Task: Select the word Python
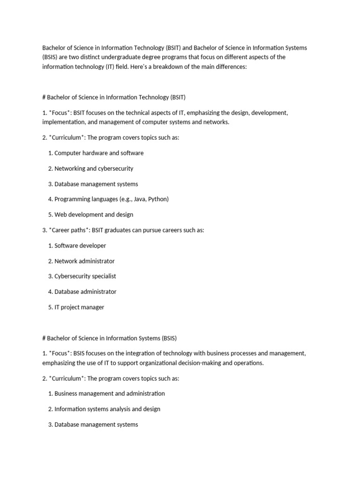(157, 199)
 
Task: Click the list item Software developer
(80, 246)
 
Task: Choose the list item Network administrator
(84, 261)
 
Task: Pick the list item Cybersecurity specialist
(85, 276)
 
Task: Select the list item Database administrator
(85, 292)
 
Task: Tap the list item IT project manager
(79, 307)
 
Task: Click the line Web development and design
(94, 215)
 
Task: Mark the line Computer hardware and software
(99, 153)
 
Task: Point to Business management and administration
(110, 393)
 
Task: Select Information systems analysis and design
(107, 409)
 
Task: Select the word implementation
(62, 122)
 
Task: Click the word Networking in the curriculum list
(70, 168)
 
